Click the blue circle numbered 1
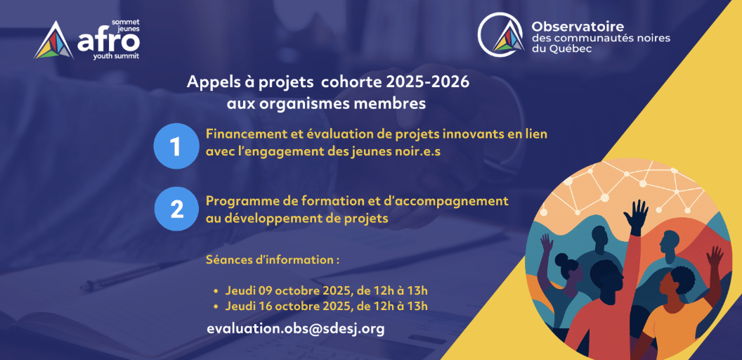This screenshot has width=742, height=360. tap(176, 146)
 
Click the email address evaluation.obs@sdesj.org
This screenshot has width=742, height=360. tap(295, 328)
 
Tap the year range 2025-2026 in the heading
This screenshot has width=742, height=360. tap(427, 82)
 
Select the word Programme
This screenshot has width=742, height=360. tap(238, 201)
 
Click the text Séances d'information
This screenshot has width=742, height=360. tap(273, 259)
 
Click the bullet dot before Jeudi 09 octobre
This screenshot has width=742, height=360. tap(216, 290)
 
